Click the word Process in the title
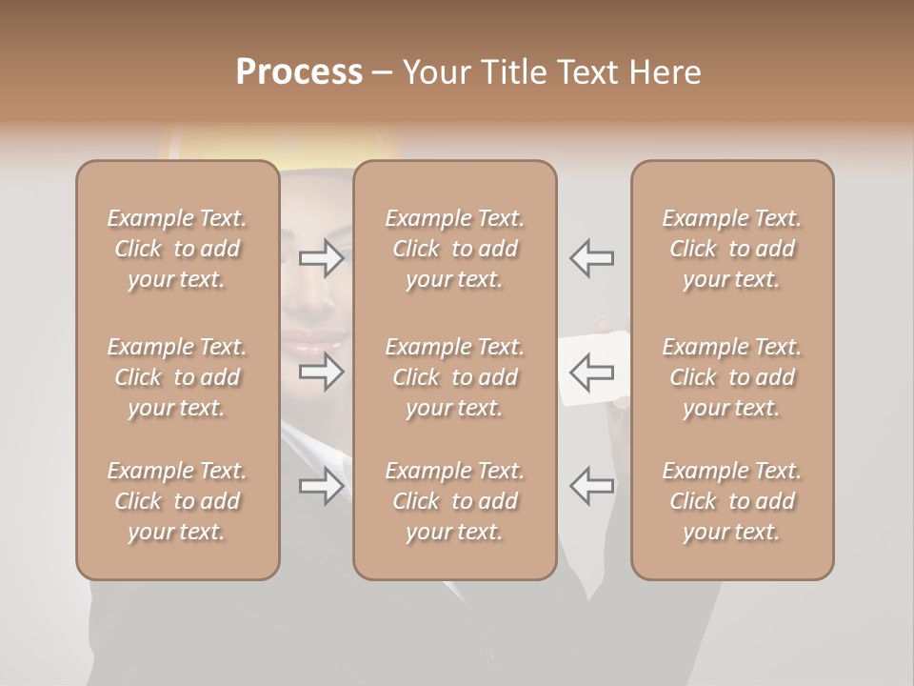pos(299,72)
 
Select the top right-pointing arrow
pos(321,258)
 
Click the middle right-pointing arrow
pos(321,372)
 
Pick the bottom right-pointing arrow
pos(321,486)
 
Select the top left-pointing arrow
pos(591,258)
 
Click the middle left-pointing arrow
pos(591,372)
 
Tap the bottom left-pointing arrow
pos(591,486)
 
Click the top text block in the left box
pos(177,249)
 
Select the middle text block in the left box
pos(177,377)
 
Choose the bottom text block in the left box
pos(177,501)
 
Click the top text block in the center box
pos(454,249)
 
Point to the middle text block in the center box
pos(454,377)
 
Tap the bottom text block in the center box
pos(454,501)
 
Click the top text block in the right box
pos(731,249)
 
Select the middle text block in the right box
pos(731,377)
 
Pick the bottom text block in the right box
pos(731,501)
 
